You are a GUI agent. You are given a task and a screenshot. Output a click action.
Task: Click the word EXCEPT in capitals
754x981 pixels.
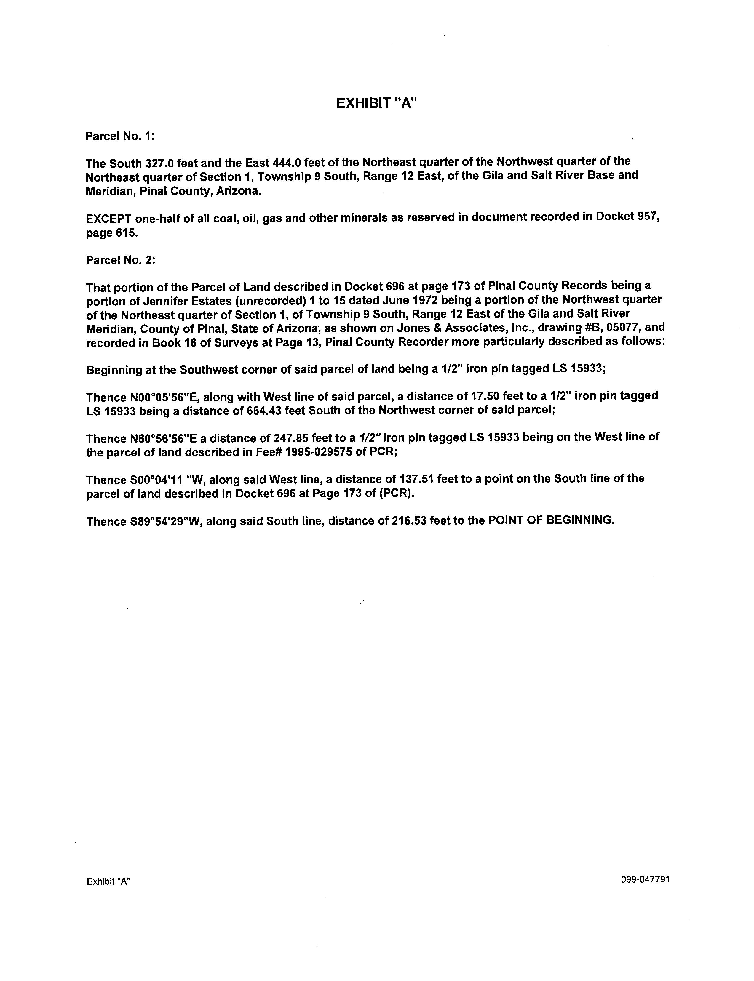click(x=108, y=219)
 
